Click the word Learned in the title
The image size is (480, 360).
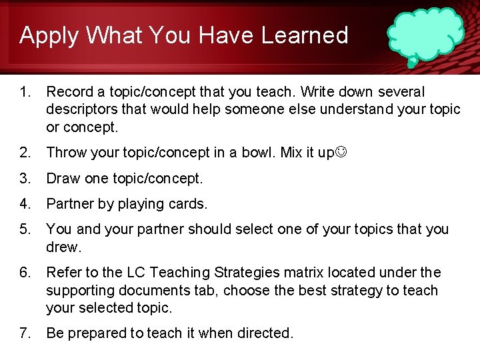305,35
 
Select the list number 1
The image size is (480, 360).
25,91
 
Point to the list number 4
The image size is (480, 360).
25,204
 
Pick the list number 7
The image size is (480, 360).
25,333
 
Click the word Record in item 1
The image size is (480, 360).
69,91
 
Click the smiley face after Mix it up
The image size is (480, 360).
341,153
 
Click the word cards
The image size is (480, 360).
189,204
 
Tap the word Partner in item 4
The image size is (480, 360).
69,204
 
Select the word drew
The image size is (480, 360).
63,247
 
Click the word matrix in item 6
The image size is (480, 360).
287,273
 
